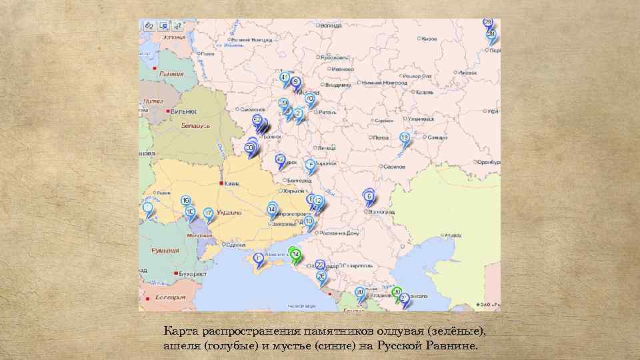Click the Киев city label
(x=231, y=182)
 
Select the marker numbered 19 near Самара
(x=405, y=139)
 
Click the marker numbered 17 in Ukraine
(x=208, y=213)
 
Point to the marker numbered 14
(x=272, y=210)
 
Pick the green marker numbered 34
(x=295, y=255)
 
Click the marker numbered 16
(x=186, y=201)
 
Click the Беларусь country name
(x=195, y=125)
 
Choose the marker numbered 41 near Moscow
(x=285, y=79)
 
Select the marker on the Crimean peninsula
(x=257, y=258)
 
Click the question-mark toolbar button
(x=178, y=26)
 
